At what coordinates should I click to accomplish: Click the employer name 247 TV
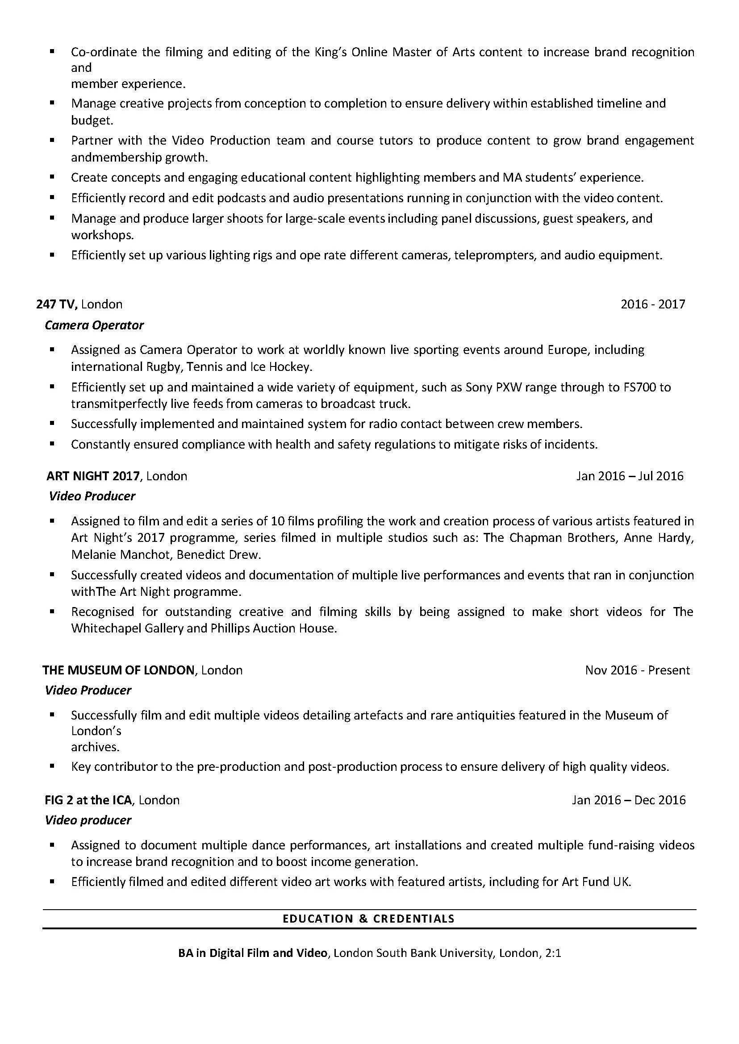56,304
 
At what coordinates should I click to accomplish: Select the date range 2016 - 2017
652,304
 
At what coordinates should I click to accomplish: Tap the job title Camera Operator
94,325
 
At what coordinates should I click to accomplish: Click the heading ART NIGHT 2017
93,476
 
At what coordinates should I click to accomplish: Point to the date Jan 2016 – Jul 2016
629,476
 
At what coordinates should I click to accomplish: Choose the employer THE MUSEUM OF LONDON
118,670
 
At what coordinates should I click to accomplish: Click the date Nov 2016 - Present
637,670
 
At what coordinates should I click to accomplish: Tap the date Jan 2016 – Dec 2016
628,800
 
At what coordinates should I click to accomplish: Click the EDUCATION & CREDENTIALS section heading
368,919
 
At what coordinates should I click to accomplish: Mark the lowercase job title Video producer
88,820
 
